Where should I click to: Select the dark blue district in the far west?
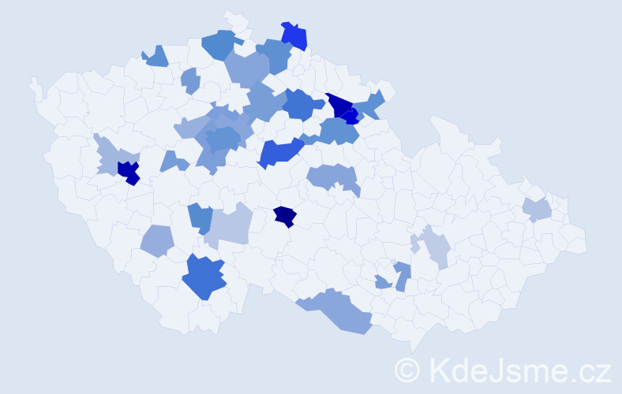pos(127,172)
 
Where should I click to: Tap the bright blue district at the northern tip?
pos(294,36)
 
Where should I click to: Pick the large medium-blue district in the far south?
pos(204,277)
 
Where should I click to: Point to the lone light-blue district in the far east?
pos(537,209)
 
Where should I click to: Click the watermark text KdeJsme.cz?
pos(518,370)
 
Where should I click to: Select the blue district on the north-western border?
pos(157,56)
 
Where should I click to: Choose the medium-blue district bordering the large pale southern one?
pos(200,217)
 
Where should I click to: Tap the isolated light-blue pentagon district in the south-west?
pos(157,240)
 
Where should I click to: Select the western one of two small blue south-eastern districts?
pos(382,282)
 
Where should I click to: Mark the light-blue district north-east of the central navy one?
pos(332,178)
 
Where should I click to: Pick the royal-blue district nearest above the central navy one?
pos(281,151)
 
